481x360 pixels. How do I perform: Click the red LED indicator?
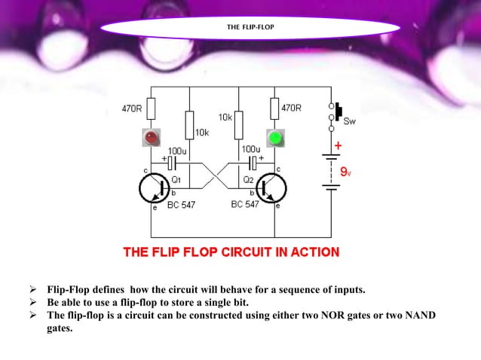click(152, 138)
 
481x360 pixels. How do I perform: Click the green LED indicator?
click(275, 138)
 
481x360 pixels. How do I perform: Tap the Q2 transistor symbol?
click(271, 187)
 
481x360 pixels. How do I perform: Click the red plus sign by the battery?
click(339, 145)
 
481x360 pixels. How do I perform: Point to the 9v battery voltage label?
click(345, 172)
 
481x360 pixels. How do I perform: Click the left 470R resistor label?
click(133, 108)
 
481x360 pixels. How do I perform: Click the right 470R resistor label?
click(292, 108)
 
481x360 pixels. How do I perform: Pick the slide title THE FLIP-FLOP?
click(250, 28)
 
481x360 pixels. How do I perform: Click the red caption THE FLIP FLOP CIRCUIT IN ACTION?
click(231, 252)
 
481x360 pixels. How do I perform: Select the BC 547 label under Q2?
click(247, 205)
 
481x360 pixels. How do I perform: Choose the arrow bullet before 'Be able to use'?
click(33, 303)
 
